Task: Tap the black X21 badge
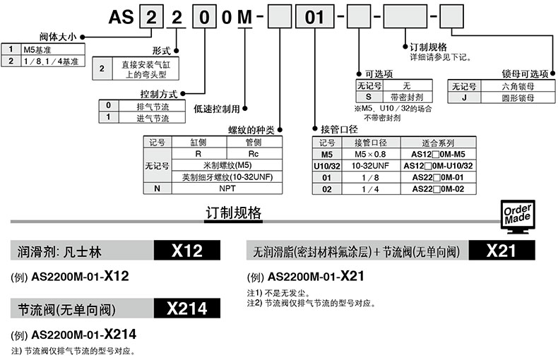502,251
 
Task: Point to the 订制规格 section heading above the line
234,212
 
